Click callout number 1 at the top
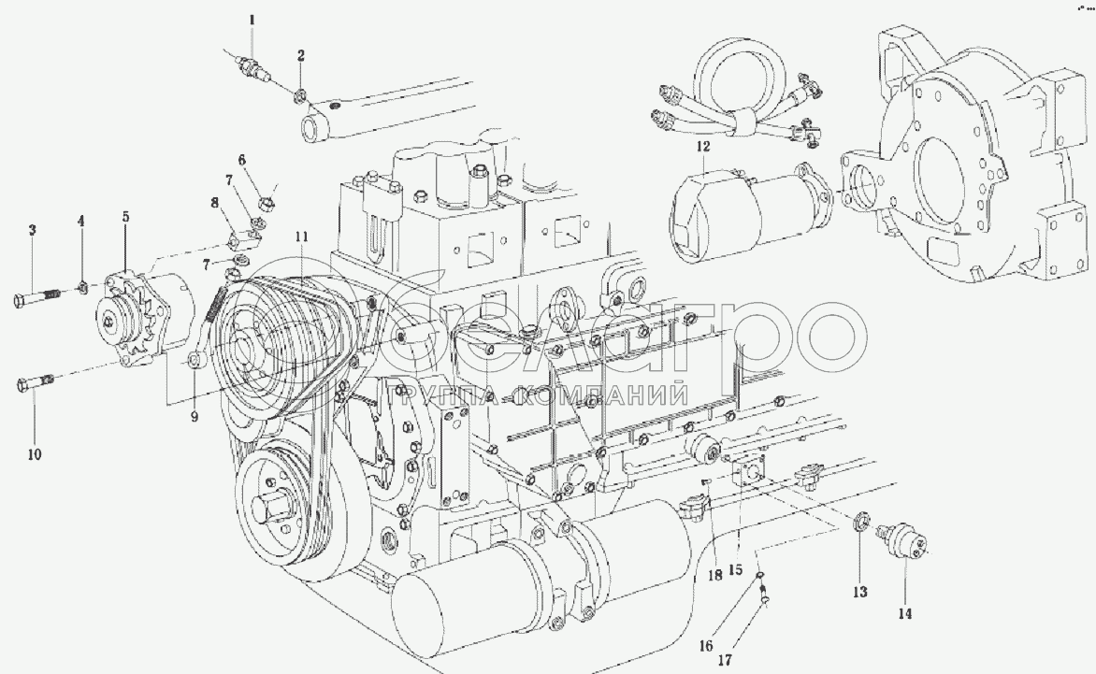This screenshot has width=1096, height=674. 251,19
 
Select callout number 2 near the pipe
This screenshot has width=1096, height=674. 300,55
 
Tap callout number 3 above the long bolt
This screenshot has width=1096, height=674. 32,230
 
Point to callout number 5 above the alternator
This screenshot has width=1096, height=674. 126,217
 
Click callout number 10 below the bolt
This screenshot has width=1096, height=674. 35,455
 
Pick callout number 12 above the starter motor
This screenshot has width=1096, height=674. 703,147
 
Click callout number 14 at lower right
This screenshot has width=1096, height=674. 905,613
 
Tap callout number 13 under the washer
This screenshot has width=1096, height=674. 859,592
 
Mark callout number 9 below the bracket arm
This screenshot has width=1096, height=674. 195,417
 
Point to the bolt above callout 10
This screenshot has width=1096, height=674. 36,382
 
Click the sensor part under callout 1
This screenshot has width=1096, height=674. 251,66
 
